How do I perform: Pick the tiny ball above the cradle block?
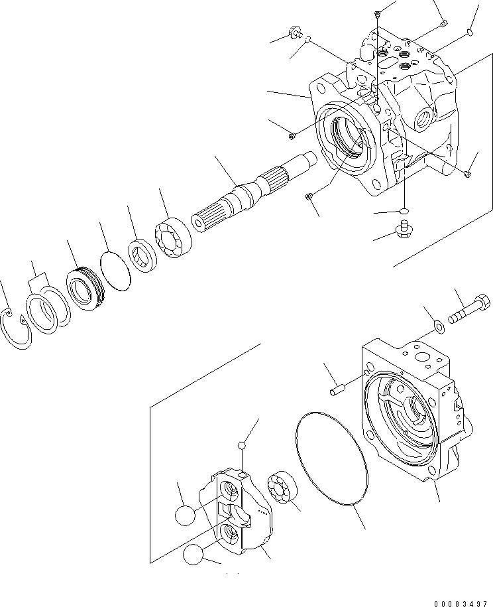pyautogui.click(x=244, y=446)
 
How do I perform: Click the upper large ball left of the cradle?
pyautogui.click(x=186, y=515)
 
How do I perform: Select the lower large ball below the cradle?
pyautogui.click(x=195, y=555)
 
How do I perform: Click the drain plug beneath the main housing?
pyautogui.click(x=401, y=230)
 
